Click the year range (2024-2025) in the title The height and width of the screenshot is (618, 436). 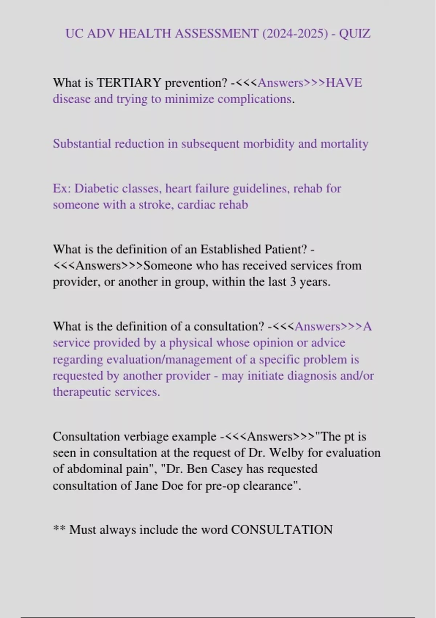tap(295, 34)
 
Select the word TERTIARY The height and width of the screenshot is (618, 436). tap(129, 83)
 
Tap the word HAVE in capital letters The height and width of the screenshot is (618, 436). tap(344, 83)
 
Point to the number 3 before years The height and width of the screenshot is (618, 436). tap(293, 282)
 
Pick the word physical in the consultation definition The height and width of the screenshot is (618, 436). tap(190, 343)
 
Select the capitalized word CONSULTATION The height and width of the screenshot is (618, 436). tap(282, 530)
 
